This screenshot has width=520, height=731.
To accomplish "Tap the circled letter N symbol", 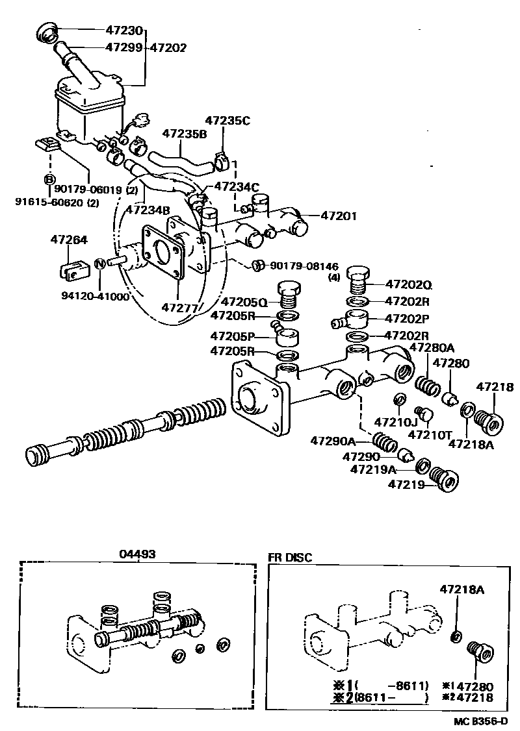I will (x=100, y=264).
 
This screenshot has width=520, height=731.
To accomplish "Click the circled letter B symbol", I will (x=49, y=179).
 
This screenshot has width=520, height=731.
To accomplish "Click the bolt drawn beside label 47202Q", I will (x=359, y=280).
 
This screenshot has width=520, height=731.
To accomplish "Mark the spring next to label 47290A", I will (x=385, y=443).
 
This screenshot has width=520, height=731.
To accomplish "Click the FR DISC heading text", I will (x=290, y=557).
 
